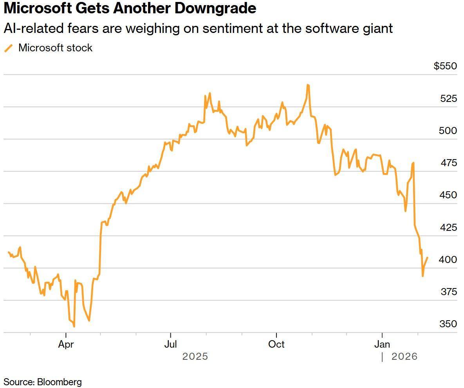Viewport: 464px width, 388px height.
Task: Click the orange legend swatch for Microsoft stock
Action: point(8,48)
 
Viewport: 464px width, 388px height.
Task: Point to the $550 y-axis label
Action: point(445,66)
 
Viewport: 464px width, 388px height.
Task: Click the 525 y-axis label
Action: point(448,98)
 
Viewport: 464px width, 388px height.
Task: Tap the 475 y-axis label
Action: point(448,163)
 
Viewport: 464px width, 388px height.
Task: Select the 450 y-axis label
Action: point(448,195)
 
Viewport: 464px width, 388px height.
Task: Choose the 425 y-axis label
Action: point(448,227)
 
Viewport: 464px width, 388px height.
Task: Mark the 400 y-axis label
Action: point(448,259)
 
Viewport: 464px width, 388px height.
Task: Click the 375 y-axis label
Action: point(448,292)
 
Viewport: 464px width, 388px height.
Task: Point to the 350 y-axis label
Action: point(448,324)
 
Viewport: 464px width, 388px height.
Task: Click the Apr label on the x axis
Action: point(66,344)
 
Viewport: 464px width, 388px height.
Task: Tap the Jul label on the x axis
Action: point(170,344)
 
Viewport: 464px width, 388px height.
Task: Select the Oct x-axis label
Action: point(276,344)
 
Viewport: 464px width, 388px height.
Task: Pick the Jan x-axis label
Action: point(382,344)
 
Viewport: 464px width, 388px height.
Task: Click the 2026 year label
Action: point(404,357)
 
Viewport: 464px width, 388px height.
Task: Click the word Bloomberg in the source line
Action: point(60,382)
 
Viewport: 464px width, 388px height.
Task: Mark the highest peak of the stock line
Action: point(308,85)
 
